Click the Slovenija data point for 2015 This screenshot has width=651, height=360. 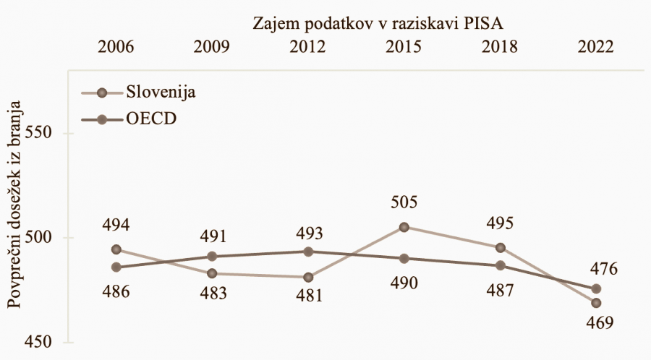pos(404,227)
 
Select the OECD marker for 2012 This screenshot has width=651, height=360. pos(308,252)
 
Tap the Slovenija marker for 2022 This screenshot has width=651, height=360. pos(597,303)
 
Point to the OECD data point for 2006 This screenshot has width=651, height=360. pos(115,267)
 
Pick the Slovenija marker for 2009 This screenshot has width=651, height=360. pos(212,273)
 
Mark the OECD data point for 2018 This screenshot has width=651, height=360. pos(500,265)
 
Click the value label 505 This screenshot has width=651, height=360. pos(404,202)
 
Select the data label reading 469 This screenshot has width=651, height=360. pos(597,323)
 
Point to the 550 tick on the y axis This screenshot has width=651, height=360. pos(39,134)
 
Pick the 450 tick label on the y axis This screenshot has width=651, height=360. pos(39,342)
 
